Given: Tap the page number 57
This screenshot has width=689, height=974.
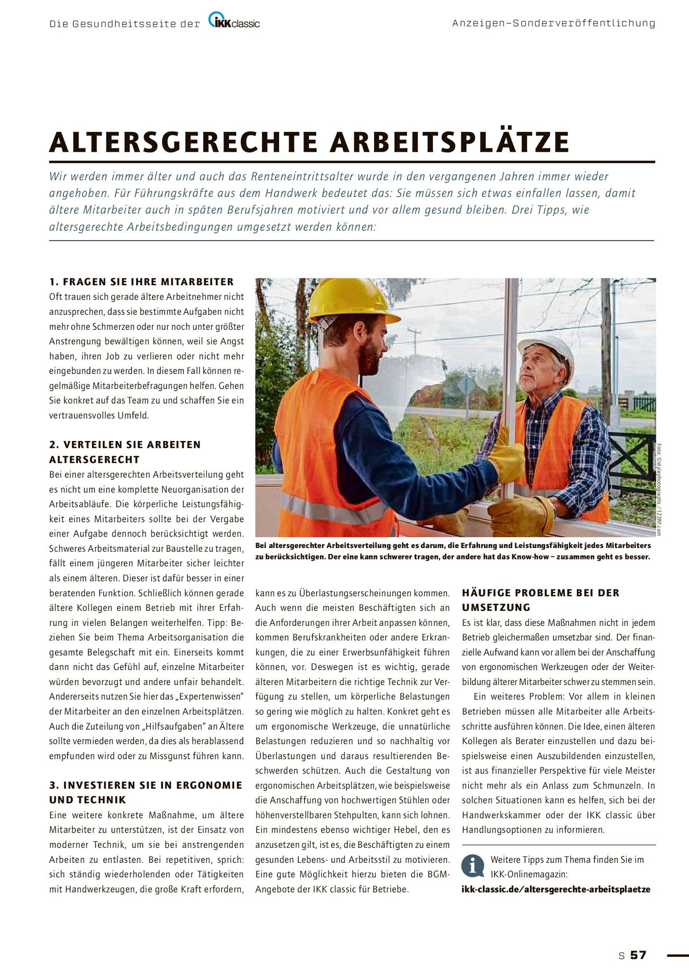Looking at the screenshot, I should click(x=639, y=955).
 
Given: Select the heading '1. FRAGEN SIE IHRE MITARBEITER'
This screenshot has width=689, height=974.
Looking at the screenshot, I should click(x=141, y=282).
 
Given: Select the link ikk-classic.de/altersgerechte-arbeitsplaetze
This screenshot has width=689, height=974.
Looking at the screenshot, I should click(x=555, y=889).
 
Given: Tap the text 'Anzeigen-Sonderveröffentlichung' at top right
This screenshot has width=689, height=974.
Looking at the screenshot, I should click(x=553, y=23).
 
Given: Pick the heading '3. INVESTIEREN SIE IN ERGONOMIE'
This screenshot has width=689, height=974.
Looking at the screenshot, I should click(x=145, y=785).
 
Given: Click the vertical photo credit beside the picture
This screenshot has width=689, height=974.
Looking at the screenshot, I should click(x=659, y=488).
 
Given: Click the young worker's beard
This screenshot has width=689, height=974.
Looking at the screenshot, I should click(x=370, y=359).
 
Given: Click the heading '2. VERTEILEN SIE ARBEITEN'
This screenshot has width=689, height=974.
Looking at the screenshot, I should click(x=125, y=445).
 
